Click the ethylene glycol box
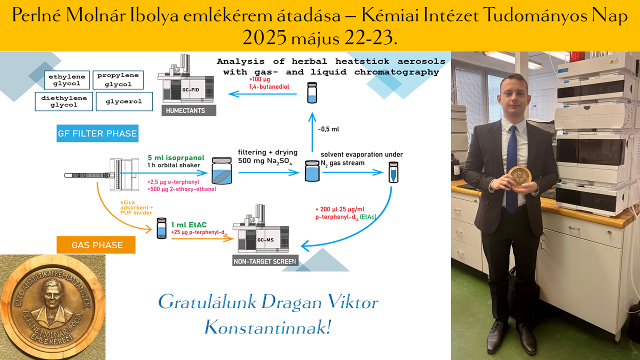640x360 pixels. point(67,80)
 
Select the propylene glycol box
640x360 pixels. point(118,80)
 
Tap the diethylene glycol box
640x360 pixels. point(63,101)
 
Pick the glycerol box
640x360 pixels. point(124,101)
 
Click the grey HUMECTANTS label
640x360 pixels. point(189,110)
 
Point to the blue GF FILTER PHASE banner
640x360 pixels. point(97,133)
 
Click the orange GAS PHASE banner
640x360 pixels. point(96,245)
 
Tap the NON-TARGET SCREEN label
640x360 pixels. point(265,261)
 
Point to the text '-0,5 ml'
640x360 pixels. point(328,129)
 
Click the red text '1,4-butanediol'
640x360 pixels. point(269,86)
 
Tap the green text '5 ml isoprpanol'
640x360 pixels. point(176,157)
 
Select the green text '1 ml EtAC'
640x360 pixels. point(188,225)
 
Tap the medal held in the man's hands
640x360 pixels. point(519,177)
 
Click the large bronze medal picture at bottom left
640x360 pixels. point(52,307)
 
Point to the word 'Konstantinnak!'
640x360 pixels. point(267,327)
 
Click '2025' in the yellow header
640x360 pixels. point(264,37)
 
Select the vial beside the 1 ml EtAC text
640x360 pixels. point(161,228)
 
